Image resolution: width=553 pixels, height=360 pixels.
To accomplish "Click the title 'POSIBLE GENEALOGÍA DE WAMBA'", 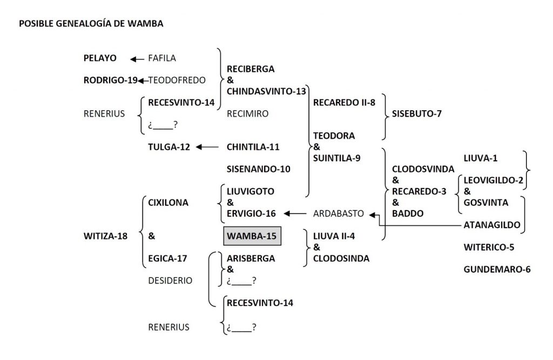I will click(x=91, y=24).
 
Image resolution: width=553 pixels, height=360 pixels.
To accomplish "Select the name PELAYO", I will click(x=100, y=58).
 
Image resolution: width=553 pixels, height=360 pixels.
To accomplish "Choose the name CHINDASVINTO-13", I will click(x=266, y=91).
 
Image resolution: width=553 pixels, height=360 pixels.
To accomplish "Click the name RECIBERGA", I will click(x=251, y=69).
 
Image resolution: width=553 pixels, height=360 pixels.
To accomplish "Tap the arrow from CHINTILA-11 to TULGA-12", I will click(x=207, y=147).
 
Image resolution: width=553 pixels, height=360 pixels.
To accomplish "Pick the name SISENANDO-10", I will click(x=258, y=169).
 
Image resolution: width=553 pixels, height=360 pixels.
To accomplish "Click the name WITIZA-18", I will click(x=105, y=236).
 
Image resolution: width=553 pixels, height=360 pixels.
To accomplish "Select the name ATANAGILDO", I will click(x=492, y=225).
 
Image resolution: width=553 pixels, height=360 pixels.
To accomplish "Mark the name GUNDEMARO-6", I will click(x=497, y=269).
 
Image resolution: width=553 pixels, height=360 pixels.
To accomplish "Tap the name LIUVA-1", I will click(x=481, y=158).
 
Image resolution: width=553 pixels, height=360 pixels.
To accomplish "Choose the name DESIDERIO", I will click(x=170, y=280).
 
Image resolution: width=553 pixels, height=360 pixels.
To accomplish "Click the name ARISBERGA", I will click(x=251, y=258).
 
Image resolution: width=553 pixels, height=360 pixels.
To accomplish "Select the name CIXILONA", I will click(x=168, y=202).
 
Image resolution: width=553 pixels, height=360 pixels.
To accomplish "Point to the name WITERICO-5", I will click(x=489, y=247).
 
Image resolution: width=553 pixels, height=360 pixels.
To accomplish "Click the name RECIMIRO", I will click(x=247, y=113).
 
